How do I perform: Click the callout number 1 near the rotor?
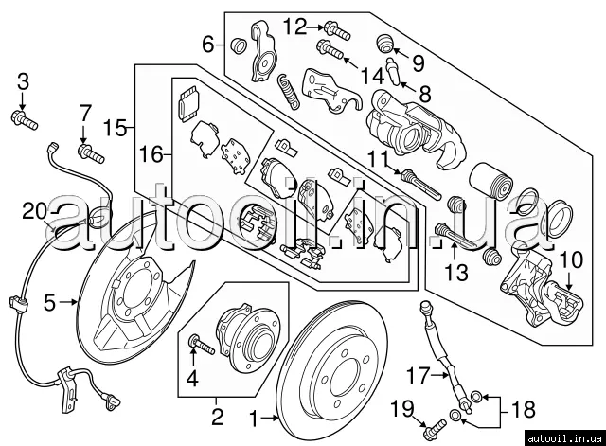[253, 417]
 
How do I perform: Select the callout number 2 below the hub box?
[216, 416]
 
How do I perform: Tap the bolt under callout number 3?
[22, 118]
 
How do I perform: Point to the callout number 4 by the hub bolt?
[193, 382]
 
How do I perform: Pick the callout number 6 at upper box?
[208, 43]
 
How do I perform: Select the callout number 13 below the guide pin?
[457, 274]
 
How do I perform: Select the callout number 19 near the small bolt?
[402, 410]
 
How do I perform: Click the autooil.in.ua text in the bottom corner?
[560, 435]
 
